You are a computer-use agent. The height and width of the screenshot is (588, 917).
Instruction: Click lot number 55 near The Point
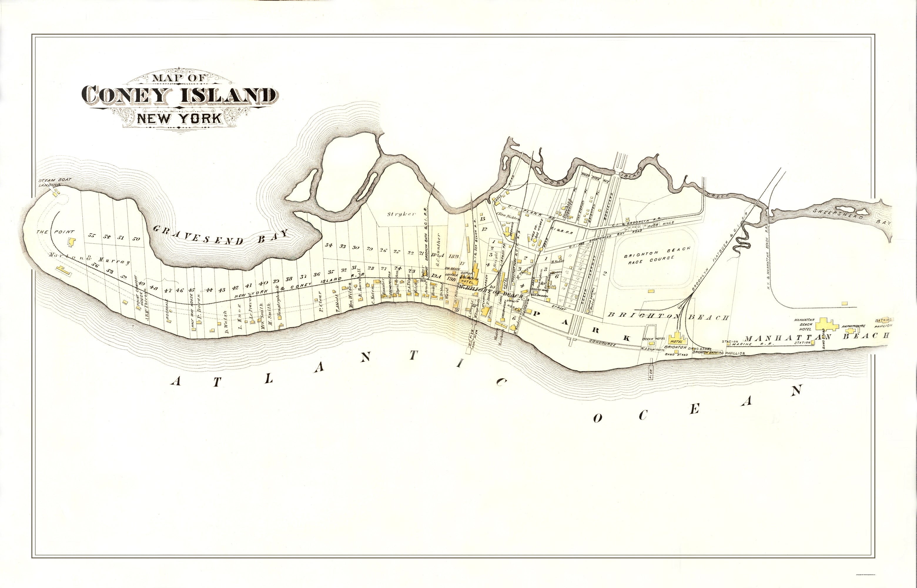[x=91, y=235]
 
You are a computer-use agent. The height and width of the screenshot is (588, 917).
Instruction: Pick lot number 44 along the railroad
[x=209, y=290]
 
